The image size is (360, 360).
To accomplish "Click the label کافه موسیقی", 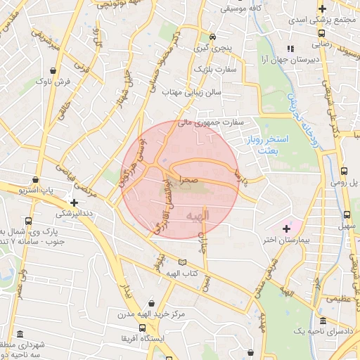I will tap(242, 9).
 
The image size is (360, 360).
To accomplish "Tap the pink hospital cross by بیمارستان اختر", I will tap(286, 229).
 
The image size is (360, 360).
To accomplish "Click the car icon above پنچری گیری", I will tap(212, 37).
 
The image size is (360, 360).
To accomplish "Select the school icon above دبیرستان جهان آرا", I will tap(290, 49).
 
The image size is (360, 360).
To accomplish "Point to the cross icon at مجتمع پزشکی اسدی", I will tap(321, 8).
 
